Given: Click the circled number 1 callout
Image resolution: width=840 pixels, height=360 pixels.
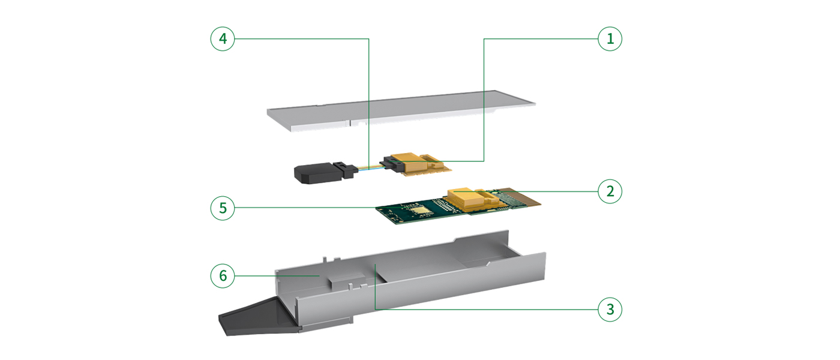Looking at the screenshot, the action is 610,38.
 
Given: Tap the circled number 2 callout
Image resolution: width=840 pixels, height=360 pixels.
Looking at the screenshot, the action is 610,191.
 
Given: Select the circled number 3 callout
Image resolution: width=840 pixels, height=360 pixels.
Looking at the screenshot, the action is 610,310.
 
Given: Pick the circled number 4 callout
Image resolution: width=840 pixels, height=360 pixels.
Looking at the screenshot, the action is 223,38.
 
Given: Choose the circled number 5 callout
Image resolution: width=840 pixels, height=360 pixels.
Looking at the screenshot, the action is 223,208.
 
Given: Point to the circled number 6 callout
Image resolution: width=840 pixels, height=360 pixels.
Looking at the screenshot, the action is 223,275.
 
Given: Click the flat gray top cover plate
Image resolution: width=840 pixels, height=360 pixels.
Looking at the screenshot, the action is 401,110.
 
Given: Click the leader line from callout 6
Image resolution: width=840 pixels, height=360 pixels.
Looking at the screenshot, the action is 277,275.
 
